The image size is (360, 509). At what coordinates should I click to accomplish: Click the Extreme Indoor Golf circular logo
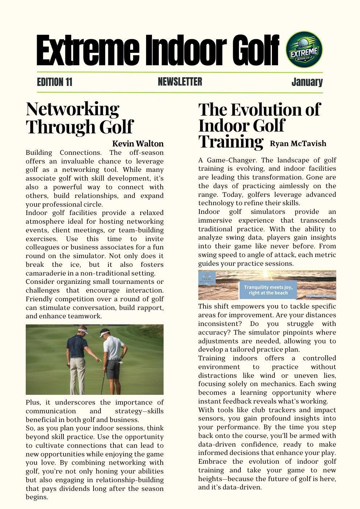click(x=304, y=49)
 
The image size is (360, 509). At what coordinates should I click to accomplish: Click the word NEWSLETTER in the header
click(x=180, y=82)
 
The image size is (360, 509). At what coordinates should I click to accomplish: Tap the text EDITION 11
click(x=54, y=82)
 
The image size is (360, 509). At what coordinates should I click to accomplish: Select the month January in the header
click(x=307, y=82)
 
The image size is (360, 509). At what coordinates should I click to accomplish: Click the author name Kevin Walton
click(x=138, y=144)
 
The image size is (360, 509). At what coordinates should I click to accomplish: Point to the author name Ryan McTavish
click(x=298, y=144)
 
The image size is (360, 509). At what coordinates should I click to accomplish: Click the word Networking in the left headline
click(x=73, y=109)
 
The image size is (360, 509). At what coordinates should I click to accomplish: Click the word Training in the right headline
click(x=231, y=141)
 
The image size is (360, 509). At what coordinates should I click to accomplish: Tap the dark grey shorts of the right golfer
click(x=113, y=368)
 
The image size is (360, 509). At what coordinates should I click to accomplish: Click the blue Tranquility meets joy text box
click(x=268, y=290)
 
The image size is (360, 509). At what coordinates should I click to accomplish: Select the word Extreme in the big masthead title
click(x=87, y=51)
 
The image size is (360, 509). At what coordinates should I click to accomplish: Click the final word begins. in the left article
click(x=37, y=497)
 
